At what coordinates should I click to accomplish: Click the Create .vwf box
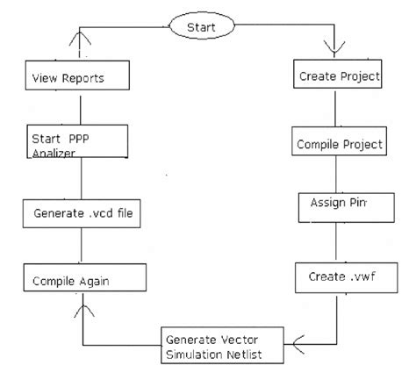pyautogui.click(x=336, y=278)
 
